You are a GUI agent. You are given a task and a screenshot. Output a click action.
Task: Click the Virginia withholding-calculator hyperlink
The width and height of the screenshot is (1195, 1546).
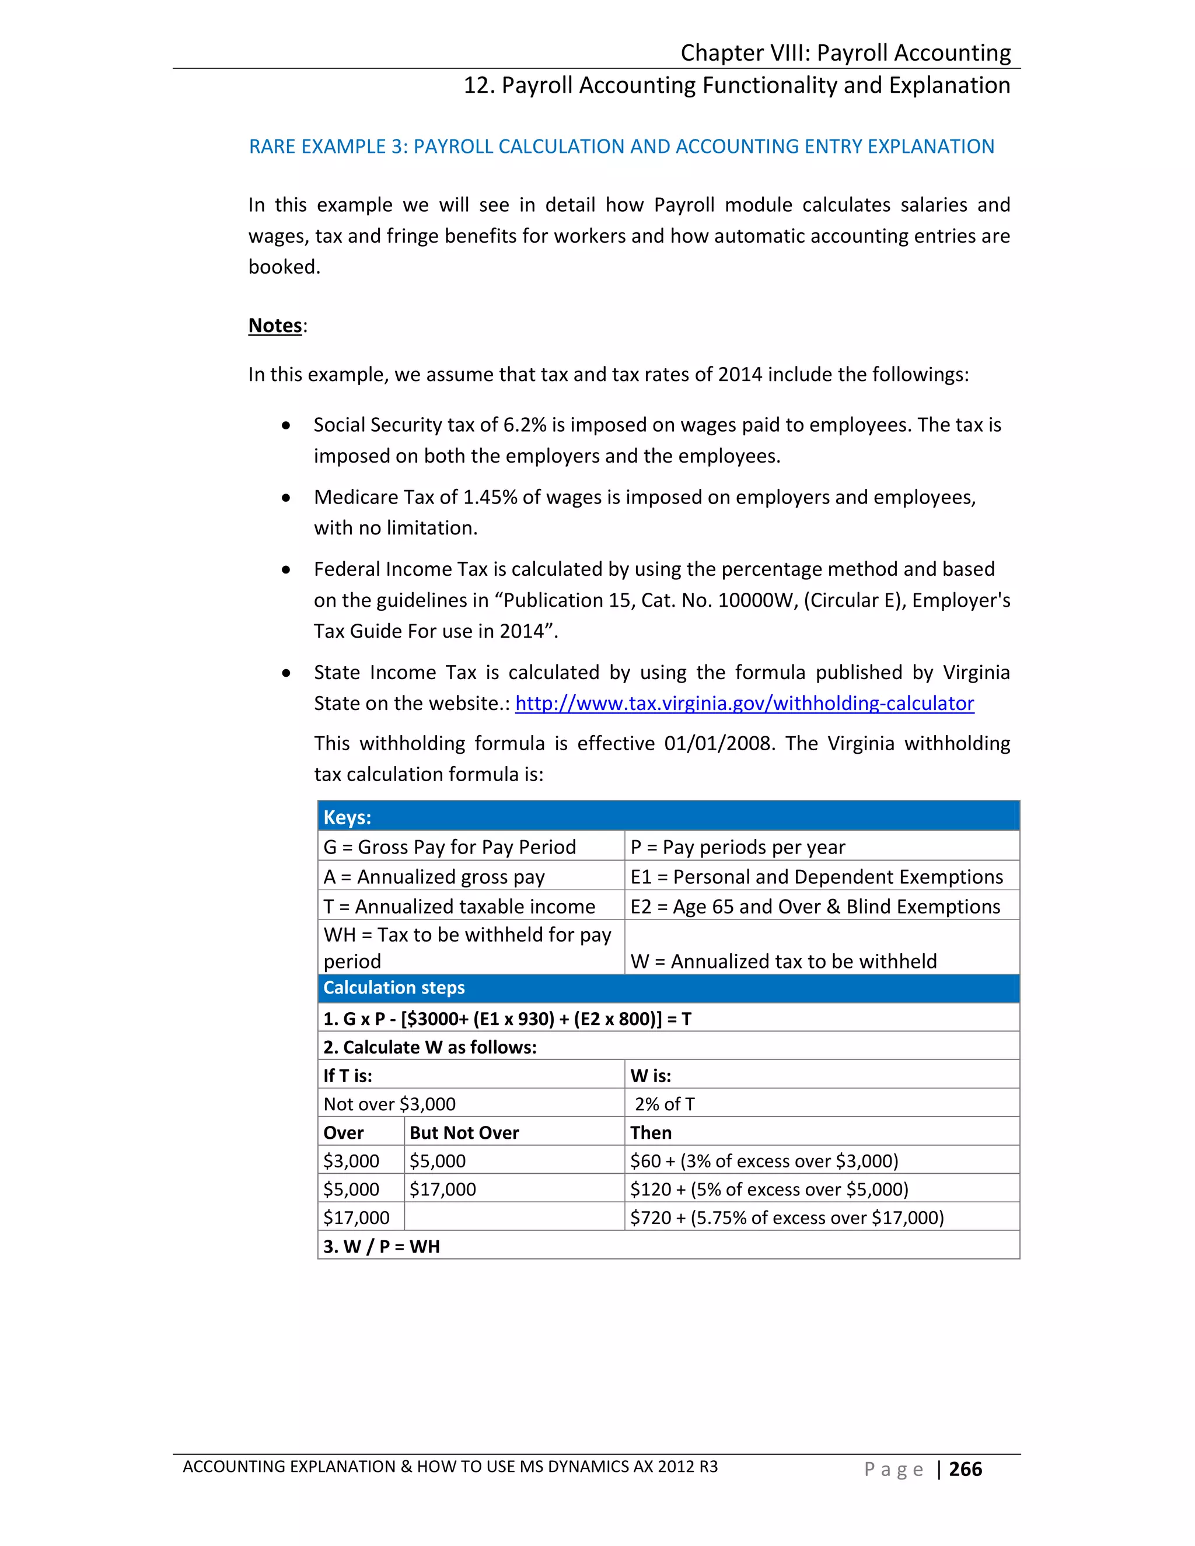click(744, 703)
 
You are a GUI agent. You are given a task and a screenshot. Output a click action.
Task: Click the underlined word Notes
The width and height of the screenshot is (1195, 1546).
click(275, 326)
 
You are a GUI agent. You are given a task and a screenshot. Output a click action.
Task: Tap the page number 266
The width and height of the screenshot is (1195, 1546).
click(965, 1469)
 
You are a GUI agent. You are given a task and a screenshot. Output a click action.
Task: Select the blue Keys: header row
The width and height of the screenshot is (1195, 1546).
click(668, 817)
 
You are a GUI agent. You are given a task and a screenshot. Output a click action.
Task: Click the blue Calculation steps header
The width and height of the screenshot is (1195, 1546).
click(668, 988)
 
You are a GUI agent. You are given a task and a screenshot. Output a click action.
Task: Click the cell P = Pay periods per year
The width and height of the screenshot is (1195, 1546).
click(738, 847)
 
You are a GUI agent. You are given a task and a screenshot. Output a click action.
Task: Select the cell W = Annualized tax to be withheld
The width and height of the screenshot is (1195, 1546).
click(783, 961)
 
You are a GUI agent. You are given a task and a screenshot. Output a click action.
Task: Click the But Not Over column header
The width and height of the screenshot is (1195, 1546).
click(464, 1132)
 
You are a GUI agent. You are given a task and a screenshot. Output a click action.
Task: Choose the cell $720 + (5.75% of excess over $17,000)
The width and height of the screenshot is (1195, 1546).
click(787, 1218)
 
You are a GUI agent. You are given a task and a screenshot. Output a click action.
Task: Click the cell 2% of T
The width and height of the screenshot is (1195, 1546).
click(664, 1104)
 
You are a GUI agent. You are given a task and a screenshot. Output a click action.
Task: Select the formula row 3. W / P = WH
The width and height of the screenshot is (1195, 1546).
click(382, 1247)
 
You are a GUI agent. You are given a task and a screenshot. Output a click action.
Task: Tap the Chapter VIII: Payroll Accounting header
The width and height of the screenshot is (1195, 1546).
click(845, 53)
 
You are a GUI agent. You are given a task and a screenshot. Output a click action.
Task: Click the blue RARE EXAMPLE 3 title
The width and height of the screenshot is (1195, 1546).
click(621, 146)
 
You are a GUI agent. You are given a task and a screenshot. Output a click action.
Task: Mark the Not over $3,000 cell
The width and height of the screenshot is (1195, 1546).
click(389, 1104)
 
